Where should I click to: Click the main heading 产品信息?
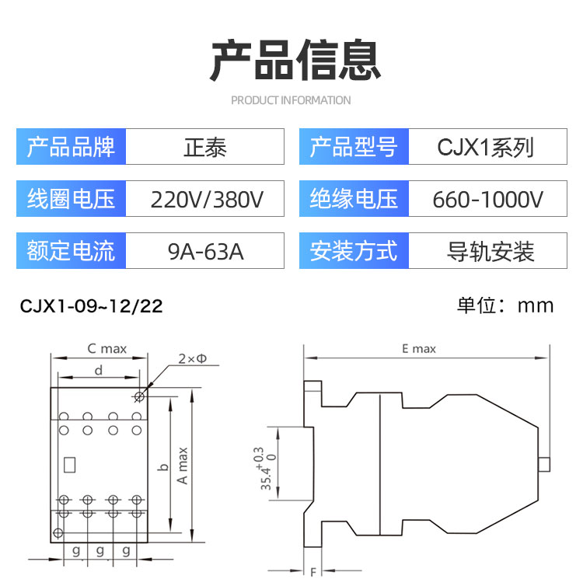tap(295, 60)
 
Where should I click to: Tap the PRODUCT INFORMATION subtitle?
tap(291, 100)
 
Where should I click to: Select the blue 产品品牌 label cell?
tap(71, 146)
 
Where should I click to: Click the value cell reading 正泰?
tap(204, 146)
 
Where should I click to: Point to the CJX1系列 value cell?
tap(487, 146)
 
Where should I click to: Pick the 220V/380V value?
tap(207, 199)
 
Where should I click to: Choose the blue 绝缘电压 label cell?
tap(354, 198)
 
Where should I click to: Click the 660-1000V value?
tap(487, 199)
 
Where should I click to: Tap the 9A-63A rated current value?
tap(205, 251)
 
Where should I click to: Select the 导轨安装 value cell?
tap(487, 250)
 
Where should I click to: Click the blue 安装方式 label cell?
tap(354, 250)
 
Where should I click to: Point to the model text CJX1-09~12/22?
tap(91, 306)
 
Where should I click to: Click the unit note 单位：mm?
tap(505, 305)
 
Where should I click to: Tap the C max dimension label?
tap(107, 349)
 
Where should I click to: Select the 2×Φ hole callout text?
tap(193, 358)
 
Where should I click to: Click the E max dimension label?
tap(419, 349)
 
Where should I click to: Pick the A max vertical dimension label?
tap(183, 466)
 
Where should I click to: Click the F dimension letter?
tap(313, 571)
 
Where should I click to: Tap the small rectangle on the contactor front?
tap(69, 465)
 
